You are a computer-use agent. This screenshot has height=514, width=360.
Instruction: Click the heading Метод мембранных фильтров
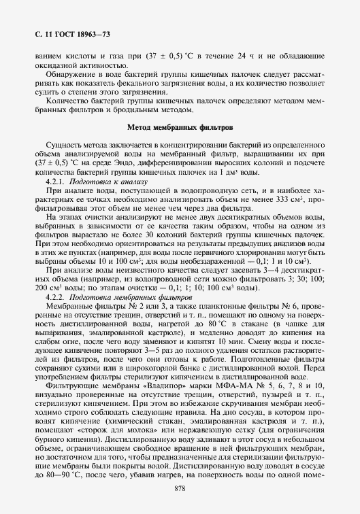tap(180, 127)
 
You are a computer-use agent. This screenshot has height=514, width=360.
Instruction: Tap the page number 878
tap(180, 488)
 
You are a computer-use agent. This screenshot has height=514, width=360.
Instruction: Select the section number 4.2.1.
tap(55, 183)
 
